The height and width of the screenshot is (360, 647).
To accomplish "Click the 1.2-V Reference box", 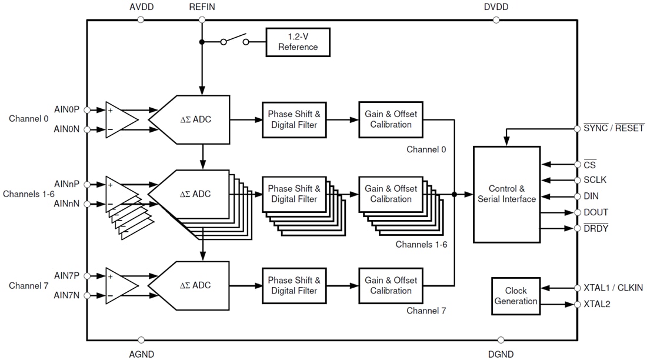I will point(298,42).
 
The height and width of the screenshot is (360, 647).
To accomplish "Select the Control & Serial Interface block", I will point(506,194).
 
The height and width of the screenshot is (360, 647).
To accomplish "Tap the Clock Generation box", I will point(516,296).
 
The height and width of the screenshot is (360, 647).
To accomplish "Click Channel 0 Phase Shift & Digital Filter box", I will point(294,119).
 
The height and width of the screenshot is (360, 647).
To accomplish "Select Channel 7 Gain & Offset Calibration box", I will point(391,285).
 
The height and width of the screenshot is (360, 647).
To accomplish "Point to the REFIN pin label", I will point(202,7).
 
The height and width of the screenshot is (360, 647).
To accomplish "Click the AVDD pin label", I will point(141,7).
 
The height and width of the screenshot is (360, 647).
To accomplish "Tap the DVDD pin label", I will point(496,7).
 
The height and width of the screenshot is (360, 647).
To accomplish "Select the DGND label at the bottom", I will point(501,354).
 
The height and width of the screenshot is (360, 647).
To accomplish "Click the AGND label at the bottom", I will point(141,354).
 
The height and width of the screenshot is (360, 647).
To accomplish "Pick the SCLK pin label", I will point(595,180).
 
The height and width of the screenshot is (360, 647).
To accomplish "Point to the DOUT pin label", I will point(596,212).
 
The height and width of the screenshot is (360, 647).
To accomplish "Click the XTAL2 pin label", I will point(597,304).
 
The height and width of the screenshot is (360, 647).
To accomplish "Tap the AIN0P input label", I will point(66,109).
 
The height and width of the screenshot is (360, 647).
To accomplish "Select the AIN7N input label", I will point(66,295).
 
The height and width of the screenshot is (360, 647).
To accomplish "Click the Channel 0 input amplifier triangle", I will point(119,119).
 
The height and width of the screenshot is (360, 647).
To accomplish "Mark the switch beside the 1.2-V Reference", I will point(234,41).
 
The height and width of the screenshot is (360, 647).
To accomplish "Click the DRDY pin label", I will point(596,228).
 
